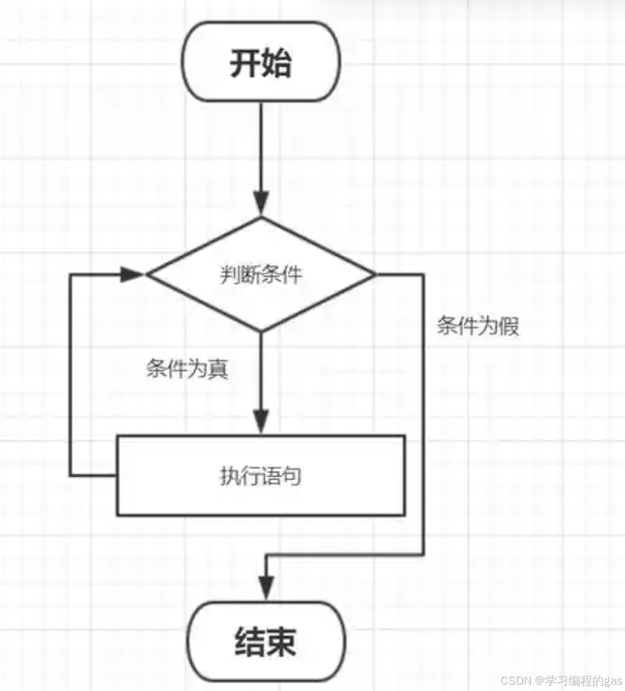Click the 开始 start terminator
point(260,62)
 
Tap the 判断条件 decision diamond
point(260,274)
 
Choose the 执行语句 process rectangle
point(260,476)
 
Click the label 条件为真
point(187,369)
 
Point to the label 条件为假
point(478,326)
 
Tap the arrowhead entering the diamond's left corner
point(133,274)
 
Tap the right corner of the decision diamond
point(374,274)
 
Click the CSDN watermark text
point(516,679)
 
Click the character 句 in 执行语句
point(293,477)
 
